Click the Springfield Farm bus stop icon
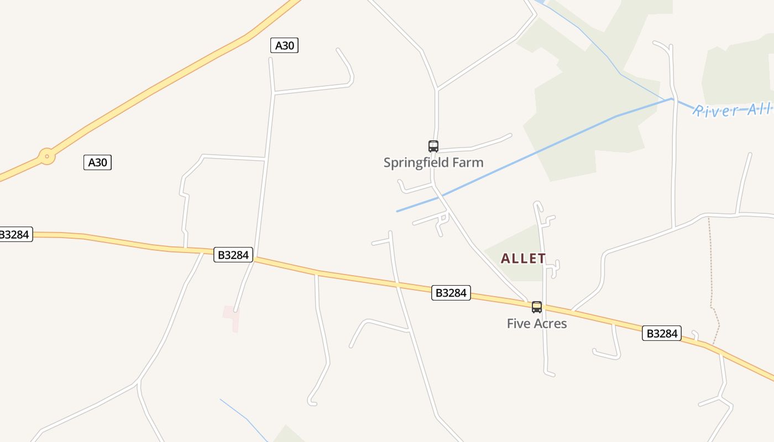(433, 146)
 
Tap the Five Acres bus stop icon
(537, 307)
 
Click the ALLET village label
(523, 259)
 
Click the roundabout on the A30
(47, 156)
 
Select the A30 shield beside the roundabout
(97, 162)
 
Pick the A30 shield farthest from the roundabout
(284, 45)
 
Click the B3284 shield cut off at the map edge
(15, 234)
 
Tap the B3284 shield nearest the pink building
(233, 255)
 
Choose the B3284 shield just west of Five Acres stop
(451, 293)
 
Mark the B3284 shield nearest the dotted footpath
(661, 333)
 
